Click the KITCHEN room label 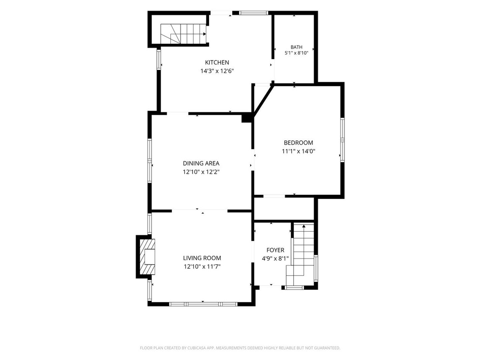pyautogui.click(x=217, y=63)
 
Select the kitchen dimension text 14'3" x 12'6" pyautogui.click(x=217, y=71)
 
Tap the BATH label pyautogui.click(x=297, y=47)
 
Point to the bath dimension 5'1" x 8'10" pyautogui.click(x=296, y=53)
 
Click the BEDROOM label pyautogui.click(x=298, y=143)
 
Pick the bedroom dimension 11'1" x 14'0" pyautogui.click(x=298, y=151)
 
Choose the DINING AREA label pyautogui.click(x=201, y=163)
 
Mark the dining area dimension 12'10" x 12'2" pyautogui.click(x=201, y=172)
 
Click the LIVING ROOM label pyautogui.click(x=202, y=258)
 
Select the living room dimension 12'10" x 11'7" pyautogui.click(x=202, y=267)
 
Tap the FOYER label pyautogui.click(x=275, y=250)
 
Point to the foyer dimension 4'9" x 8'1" pyautogui.click(x=275, y=259)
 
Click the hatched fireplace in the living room pyautogui.click(x=147, y=257)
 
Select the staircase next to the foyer pyautogui.click(x=300, y=254)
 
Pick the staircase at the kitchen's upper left pyautogui.click(x=183, y=34)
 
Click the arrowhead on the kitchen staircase pyautogui.click(x=204, y=34)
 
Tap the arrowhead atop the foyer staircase pyautogui.click(x=304, y=226)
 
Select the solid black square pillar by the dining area pyautogui.click(x=246, y=119)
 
